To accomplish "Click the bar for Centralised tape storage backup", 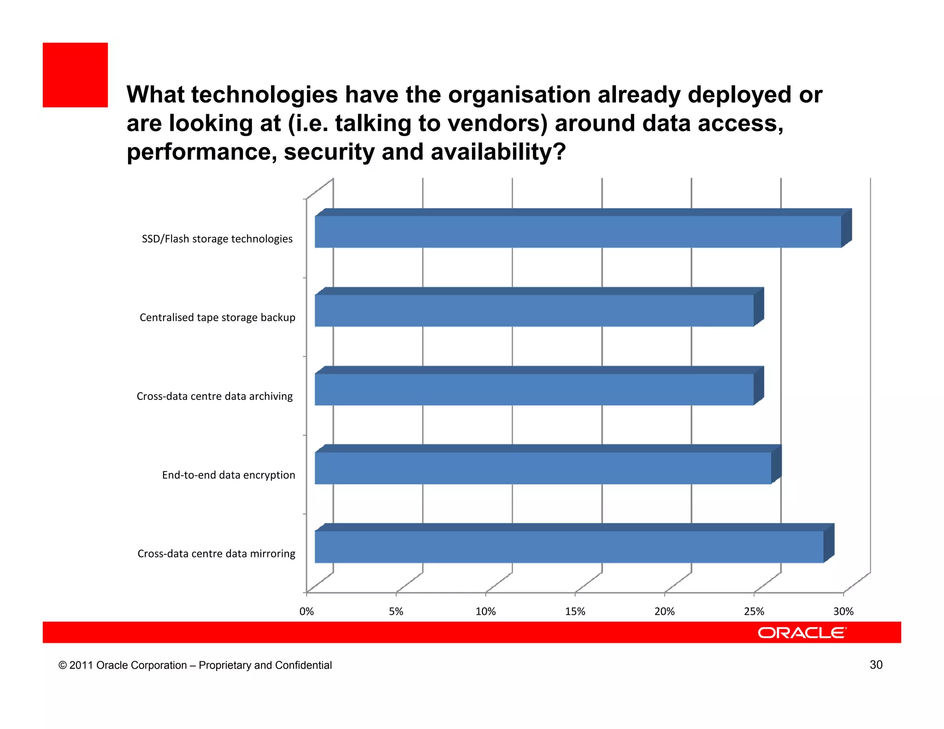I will pos(534,310).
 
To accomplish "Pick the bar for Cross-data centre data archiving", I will pos(534,389).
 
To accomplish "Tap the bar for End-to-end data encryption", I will pos(543,468).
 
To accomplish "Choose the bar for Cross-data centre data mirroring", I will pos(569,547).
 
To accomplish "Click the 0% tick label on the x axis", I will pos(307,611).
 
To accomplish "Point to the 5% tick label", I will pos(396,611).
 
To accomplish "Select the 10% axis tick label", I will pos(485,611).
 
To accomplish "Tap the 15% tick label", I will pos(575,611).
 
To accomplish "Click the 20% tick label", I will pos(664,611).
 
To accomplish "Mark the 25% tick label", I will pos(754,611).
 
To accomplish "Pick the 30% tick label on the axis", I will pos(843,611).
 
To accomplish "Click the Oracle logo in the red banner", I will pos(802,633).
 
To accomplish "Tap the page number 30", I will pos(876,664).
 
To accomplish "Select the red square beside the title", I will pos(75,75).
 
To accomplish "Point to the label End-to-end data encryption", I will pos(228,475).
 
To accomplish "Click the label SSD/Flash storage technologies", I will pos(217,239).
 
